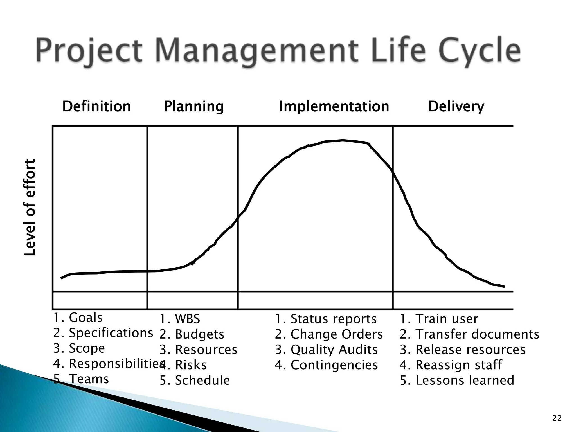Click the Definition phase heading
(x=96, y=107)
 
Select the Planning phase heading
(x=194, y=107)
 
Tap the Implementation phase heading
(x=334, y=107)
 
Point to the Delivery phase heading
(x=456, y=107)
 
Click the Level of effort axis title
(x=30, y=208)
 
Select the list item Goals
(x=78, y=318)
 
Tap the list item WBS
(x=180, y=319)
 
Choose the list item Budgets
(x=192, y=334)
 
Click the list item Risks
(x=183, y=365)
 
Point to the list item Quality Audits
(x=326, y=350)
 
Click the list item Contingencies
(x=326, y=365)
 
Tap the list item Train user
(x=439, y=319)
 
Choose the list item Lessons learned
(x=457, y=380)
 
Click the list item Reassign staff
(x=451, y=365)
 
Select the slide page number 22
(x=557, y=419)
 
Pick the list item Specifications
(x=103, y=333)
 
